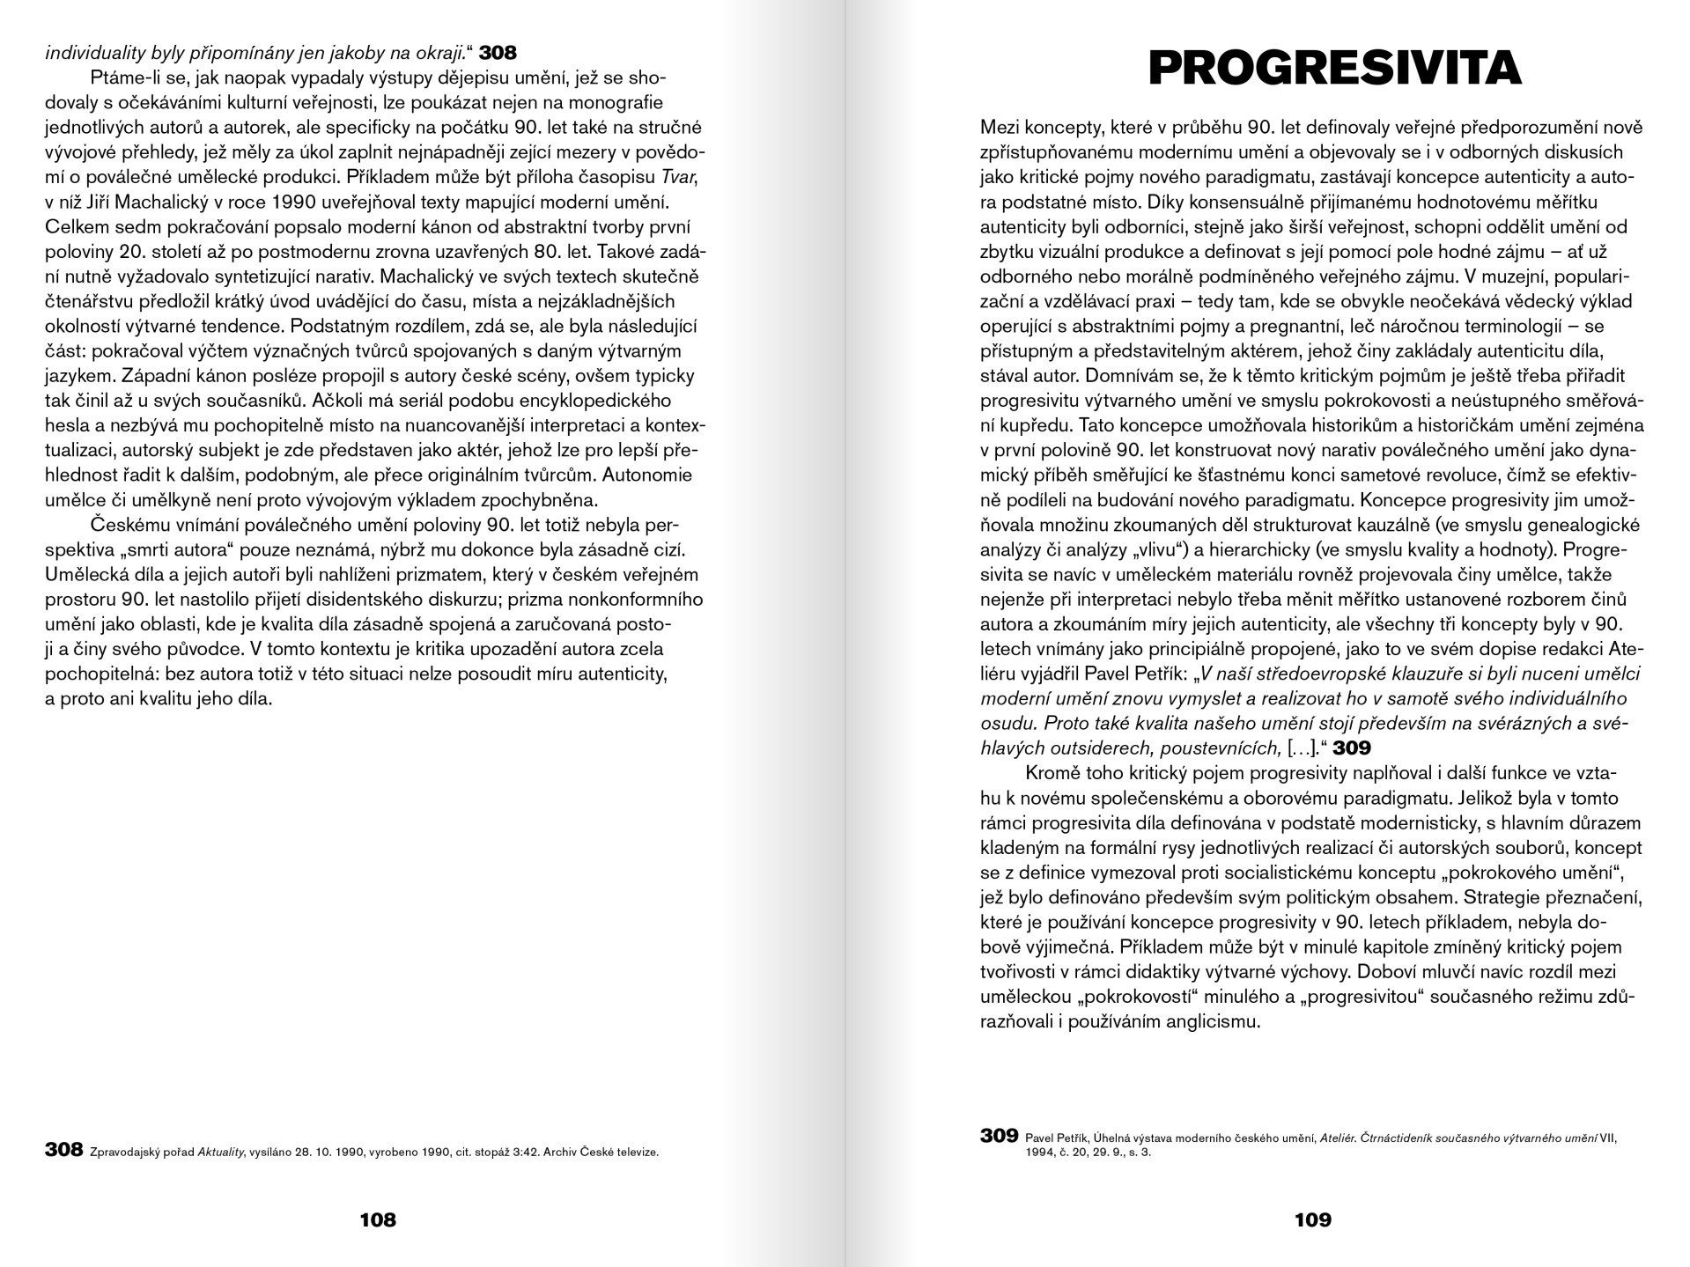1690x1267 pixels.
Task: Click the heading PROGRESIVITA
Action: click(1335, 67)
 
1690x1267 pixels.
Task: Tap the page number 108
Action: click(378, 1219)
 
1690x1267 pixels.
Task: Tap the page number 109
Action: click(1312, 1219)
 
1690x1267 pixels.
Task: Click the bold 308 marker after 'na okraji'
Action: click(498, 52)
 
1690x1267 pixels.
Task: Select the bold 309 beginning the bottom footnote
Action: click(999, 1136)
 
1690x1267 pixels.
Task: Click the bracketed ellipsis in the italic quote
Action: click(1300, 748)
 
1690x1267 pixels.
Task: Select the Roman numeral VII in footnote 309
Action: click(1609, 1137)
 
